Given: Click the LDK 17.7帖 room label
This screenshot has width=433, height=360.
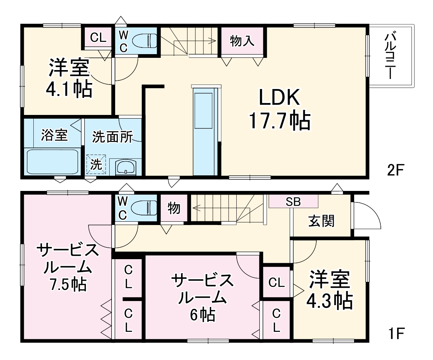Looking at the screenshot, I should pos(279,109).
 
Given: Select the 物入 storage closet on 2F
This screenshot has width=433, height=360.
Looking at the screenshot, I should pos(242,41).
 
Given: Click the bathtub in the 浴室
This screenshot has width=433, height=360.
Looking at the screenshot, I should pos(52,161).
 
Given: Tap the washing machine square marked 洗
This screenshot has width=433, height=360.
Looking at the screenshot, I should pos(96,164).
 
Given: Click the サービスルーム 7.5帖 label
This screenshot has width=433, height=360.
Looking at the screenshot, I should pos(68,267).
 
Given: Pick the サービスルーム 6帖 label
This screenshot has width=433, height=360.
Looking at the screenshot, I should pos(202,297).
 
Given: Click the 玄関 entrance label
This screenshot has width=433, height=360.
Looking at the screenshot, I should pos(321,221).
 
